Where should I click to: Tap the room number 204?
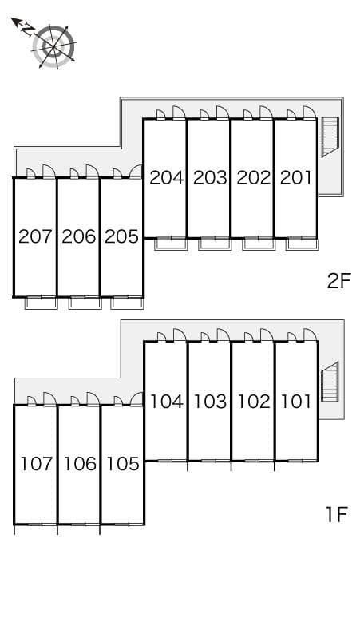pos(166,177)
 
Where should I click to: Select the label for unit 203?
pos(210,177)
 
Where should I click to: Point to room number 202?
pos(253,177)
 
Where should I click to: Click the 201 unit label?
pos(295,177)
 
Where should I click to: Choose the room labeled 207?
pos(35,236)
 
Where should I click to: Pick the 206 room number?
pos(79,236)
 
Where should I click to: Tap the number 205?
pos(122,236)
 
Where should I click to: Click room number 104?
pos(166,402)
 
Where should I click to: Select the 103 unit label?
pos(210,402)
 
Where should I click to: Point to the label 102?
pos(253,402)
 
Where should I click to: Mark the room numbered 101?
pos(295,402)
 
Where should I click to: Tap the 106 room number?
pos(79,464)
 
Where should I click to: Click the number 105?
pos(122,464)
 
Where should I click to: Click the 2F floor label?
pos(338,281)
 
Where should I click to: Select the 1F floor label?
pos(337,515)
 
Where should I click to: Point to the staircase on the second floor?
pos(330,137)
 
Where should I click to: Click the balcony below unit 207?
pos(42,302)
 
